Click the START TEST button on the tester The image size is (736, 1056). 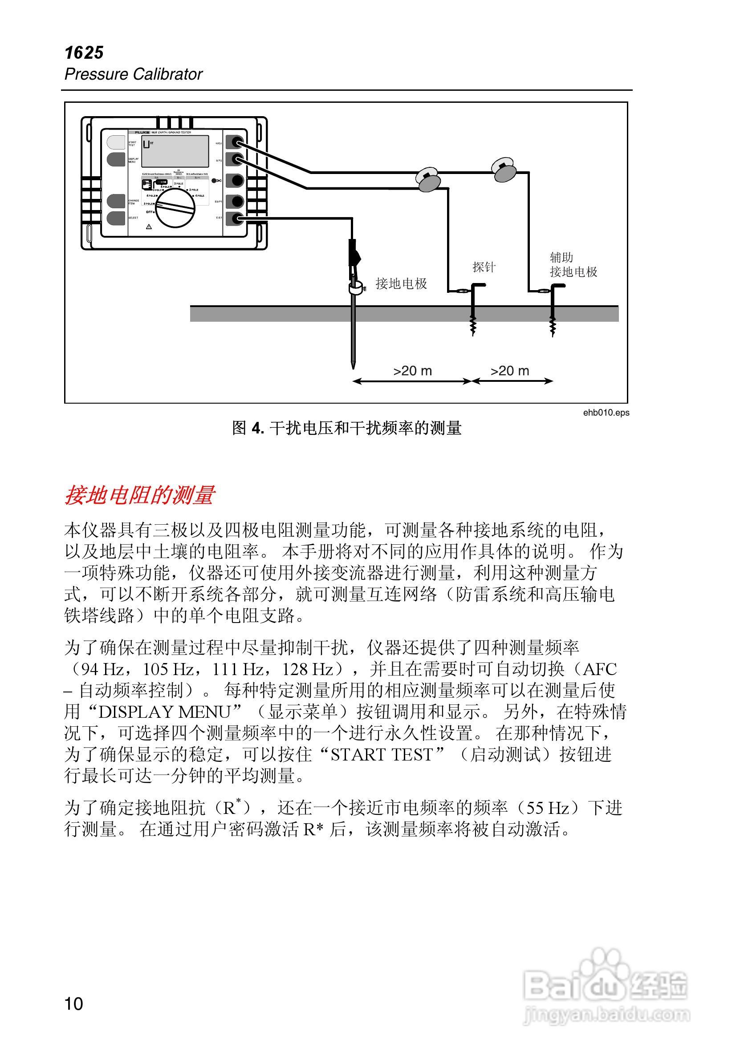click(116, 142)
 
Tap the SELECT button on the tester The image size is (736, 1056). click(116, 218)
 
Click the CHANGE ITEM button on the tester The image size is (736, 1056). click(116, 201)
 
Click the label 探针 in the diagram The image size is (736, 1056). click(483, 267)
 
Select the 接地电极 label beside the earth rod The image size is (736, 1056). click(401, 283)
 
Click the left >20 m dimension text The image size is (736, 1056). click(412, 371)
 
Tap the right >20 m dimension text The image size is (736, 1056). click(509, 371)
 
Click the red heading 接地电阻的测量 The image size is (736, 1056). click(139, 495)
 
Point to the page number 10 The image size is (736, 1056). click(73, 1003)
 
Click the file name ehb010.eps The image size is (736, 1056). click(606, 413)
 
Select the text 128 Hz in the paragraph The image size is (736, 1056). click(308, 669)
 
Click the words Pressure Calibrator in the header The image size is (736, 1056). click(134, 74)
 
